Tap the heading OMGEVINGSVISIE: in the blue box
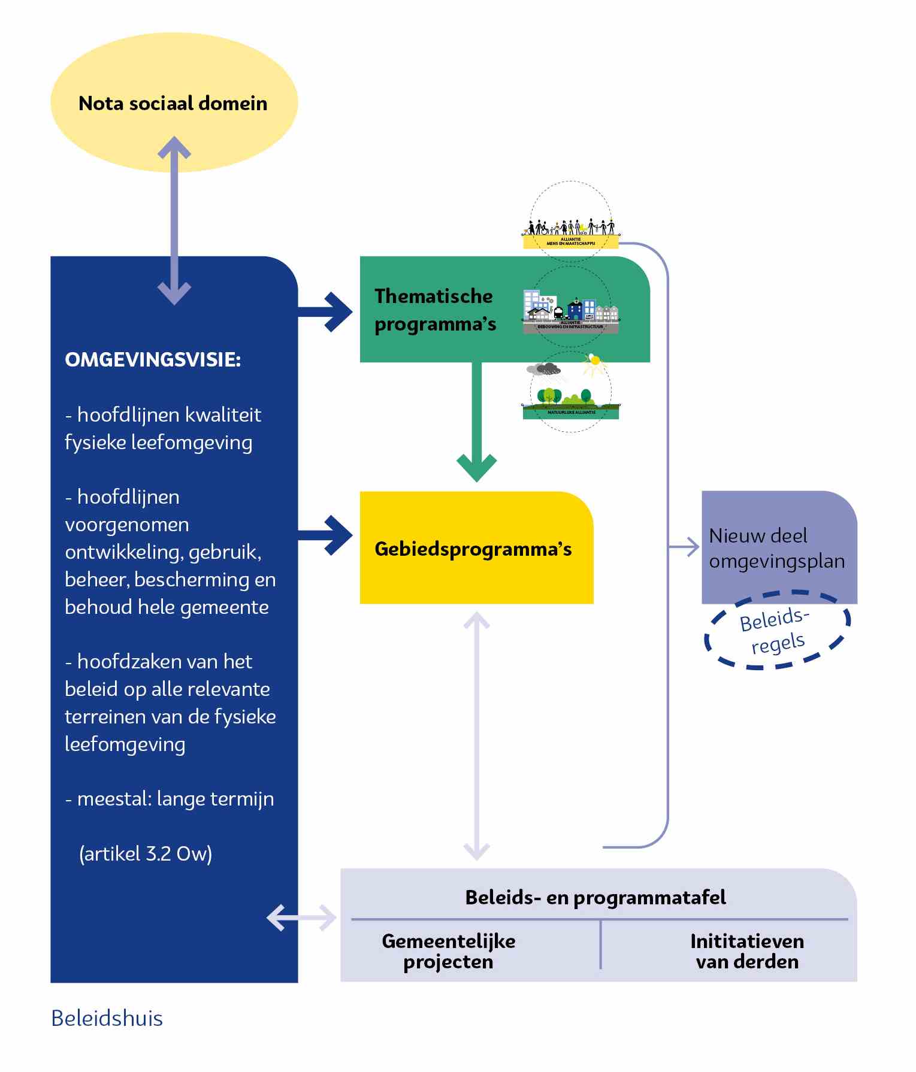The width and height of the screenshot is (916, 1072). click(x=153, y=359)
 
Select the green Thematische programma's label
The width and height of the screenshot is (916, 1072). click(x=435, y=310)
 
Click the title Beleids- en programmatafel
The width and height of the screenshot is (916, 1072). click(x=595, y=897)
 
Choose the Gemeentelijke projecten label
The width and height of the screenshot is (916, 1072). click(x=448, y=951)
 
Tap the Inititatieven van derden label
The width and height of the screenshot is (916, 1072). click(x=747, y=951)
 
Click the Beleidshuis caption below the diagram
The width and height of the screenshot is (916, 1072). click(x=107, y=1018)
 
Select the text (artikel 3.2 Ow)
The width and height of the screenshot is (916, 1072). click(x=146, y=853)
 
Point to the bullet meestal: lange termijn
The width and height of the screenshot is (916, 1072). click(x=170, y=799)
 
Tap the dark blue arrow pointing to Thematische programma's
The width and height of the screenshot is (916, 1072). click(x=327, y=311)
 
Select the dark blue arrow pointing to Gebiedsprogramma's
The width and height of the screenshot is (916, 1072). click(x=327, y=535)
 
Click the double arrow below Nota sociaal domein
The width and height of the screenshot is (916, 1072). click(x=174, y=220)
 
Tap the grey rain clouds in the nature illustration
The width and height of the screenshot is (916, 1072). click(x=544, y=370)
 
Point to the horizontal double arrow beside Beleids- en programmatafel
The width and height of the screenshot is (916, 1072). click(x=301, y=917)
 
